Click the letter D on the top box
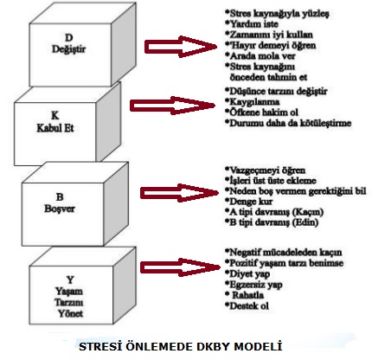68,38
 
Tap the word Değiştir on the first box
68,49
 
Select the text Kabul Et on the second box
55,128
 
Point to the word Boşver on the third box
60,209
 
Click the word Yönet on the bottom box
70,313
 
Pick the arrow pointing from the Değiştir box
181,47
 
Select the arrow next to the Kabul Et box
172,106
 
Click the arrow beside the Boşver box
179,193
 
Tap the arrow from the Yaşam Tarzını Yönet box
180,267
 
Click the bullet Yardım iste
252,24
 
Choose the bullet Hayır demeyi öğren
271,45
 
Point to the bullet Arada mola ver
260,55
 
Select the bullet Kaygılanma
253,102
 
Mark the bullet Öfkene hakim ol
261,112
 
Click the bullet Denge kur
249,201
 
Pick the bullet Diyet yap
247,273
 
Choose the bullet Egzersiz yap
253,285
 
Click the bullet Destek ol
247,305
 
